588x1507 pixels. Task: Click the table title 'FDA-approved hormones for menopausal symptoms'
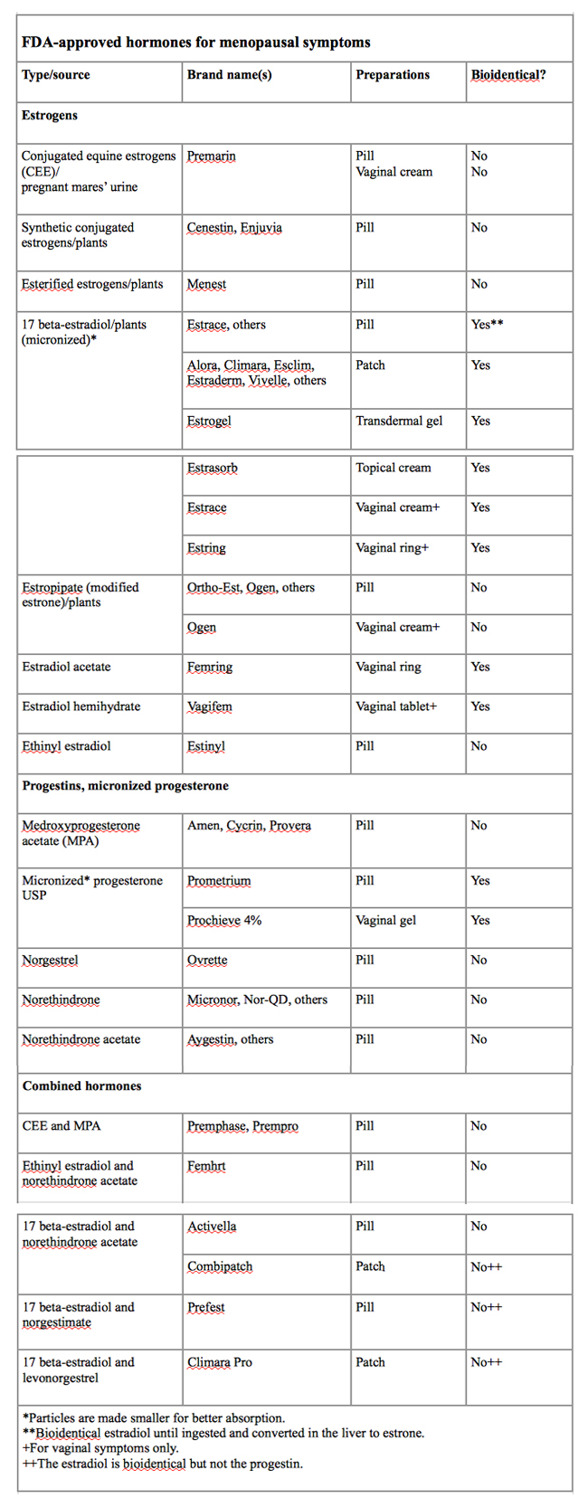[x=195, y=42]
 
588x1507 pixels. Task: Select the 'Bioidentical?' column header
[x=507, y=75]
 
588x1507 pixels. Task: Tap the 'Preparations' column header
[x=393, y=75]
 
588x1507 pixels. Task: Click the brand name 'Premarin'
[x=211, y=156]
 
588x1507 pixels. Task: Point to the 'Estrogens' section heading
[x=50, y=116]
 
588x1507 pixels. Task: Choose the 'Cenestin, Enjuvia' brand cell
[x=234, y=228]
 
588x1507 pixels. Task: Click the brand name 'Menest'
[x=206, y=284]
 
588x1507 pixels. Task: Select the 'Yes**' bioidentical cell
[x=487, y=325]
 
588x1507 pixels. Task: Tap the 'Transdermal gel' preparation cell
[x=399, y=421]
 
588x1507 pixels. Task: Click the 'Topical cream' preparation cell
[x=394, y=468]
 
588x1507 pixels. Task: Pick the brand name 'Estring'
[x=206, y=548]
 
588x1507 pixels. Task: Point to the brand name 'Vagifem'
[x=210, y=706]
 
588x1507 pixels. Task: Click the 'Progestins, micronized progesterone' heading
[x=125, y=786]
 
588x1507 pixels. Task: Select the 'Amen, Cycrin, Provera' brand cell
[x=249, y=826]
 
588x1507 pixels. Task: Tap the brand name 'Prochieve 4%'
[x=224, y=921]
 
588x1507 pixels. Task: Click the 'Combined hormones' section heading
[x=81, y=1086]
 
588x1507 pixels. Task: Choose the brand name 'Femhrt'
[x=206, y=1166]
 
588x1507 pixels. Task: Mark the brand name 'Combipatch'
[x=220, y=1267]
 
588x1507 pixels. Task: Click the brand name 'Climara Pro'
[x=220, y=1362]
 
